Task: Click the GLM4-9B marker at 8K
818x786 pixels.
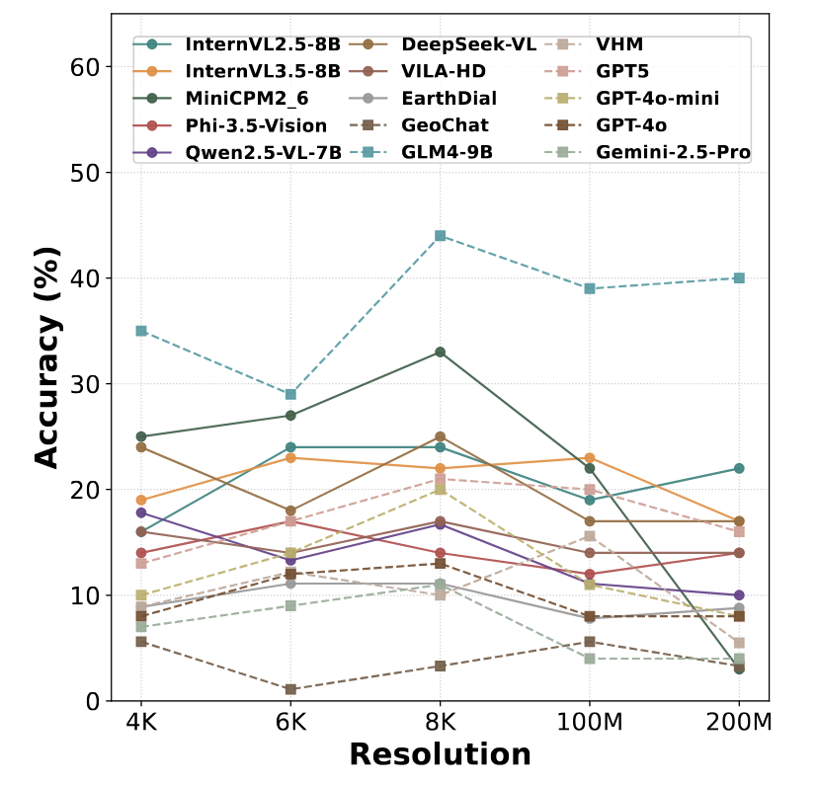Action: click(x=441, y=236)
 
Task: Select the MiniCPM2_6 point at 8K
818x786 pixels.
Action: click(x=441, y=352)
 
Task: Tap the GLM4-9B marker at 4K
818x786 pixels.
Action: click(x=141, y=331)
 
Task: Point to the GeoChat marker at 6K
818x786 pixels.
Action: click(x=290, y=689)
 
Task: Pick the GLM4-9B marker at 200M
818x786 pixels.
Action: click(x=739, y=277)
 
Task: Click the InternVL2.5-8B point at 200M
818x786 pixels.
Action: click(x=739, y=468)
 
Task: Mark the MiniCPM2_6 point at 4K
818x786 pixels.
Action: click(x=141, y=436)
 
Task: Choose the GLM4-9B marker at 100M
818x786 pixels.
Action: click(x=590, y=288)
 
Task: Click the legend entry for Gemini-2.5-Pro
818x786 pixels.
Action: click(x=673, y=153)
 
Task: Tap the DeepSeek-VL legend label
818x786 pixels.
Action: click(x=469, y=44)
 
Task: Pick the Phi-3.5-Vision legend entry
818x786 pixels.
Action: click(x=256, y=126)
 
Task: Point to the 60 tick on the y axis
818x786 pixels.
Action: click(x=85, y=67)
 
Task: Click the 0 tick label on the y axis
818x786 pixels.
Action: click(x=94, y=701)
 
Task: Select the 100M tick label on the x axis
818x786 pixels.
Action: click(x=590, y=723)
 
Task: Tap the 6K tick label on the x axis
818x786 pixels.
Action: click(x=290, y=723)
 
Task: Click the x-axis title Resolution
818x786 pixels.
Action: click(x=440, y=755)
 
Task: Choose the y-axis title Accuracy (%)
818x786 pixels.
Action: click(x=47, y=356)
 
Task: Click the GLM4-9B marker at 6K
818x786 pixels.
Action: click(x=290, y=394)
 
